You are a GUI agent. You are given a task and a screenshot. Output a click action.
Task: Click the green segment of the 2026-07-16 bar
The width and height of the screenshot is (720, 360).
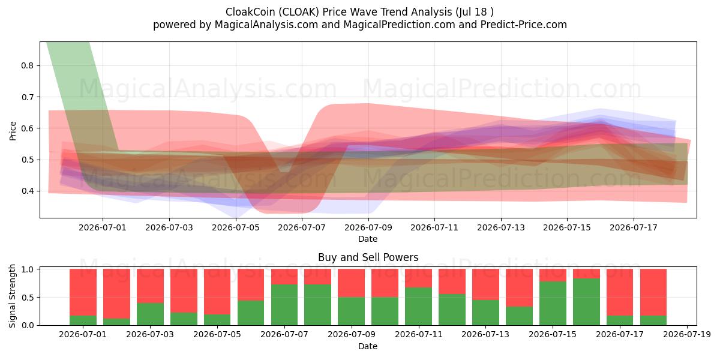coord(586,302)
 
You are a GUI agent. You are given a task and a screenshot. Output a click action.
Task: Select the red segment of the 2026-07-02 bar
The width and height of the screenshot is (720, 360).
coord(116,294)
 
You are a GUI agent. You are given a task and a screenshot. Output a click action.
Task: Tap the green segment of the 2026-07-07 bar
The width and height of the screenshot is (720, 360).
coord(284,305)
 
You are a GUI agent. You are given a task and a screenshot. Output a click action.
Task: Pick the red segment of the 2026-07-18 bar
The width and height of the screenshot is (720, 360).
coord(653,293)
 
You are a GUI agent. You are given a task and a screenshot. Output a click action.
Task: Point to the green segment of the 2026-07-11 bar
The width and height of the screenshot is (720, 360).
coord(419,307)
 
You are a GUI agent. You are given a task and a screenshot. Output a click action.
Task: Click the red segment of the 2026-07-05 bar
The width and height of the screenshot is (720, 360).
coord(217,292)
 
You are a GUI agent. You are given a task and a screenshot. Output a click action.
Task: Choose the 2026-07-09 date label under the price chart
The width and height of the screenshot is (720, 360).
coord(368,227)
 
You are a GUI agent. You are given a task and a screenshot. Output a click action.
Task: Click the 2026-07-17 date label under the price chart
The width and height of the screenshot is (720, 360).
coord(634,227)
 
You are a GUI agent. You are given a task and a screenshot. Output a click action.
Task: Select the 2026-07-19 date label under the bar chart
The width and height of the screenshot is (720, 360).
coord(687,335)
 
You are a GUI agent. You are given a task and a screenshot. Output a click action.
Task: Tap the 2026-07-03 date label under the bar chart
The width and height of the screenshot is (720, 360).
coord(150,335)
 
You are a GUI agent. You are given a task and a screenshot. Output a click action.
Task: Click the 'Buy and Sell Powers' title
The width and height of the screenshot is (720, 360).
coord(368,257)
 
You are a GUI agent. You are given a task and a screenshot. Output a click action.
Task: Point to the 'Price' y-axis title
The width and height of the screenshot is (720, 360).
coord(13,131)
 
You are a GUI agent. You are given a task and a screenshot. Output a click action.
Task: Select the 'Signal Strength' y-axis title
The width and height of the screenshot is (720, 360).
coord(12,296)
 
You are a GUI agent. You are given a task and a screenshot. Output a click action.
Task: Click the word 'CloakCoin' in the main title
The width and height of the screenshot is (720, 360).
coord(250,12)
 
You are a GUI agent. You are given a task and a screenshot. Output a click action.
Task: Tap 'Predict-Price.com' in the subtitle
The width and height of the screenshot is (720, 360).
coord(524,25)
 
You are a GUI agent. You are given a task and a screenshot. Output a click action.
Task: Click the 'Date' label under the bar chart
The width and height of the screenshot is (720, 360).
coord(368,346)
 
